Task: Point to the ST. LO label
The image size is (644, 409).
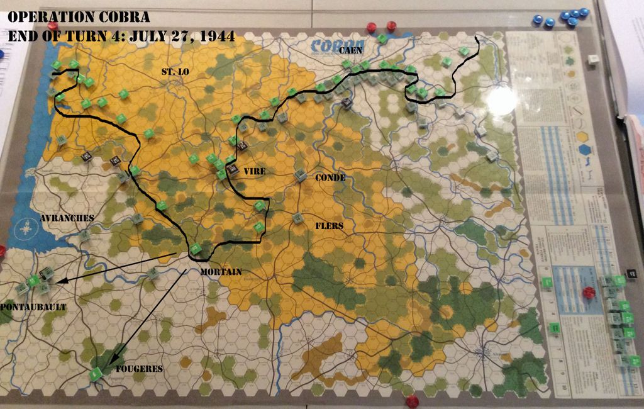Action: point(175,72)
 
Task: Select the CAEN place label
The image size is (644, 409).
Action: point(351,50)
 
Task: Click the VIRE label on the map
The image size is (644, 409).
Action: point(255,171)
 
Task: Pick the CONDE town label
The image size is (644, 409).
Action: point(330,178)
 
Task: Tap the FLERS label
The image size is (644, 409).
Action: point(329,223)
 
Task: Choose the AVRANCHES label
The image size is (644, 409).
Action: point(67,218)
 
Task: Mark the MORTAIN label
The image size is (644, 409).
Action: point(221,272)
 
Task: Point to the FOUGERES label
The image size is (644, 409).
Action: point(139,369)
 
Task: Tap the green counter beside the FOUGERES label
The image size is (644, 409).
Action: point(96,374)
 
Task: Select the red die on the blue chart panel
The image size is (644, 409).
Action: point(589,292)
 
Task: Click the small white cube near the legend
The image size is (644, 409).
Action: point(592,59)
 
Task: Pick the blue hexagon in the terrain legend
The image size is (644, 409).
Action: point(586,150)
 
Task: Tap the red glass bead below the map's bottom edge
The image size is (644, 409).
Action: point(412,401)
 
